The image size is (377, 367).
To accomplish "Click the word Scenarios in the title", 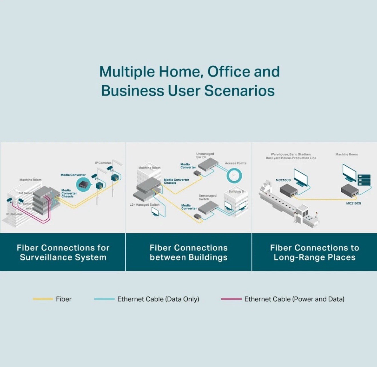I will pyautogui.click(x=239, y=91).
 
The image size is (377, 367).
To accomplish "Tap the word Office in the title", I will pyautogui.click(x=228, y=71).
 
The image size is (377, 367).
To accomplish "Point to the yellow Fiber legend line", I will pyautogui.click(x=43, y=299).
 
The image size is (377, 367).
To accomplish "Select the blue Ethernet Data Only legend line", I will pyautogui.click(x=104, y=299).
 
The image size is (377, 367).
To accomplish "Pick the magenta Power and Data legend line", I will pyautogui.click(x=231, y=299).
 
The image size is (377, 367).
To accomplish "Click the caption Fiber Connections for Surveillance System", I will pyautogui.click(x=63, y=252).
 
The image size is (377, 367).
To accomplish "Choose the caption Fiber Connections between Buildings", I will pyautogui.click(x=188, y=252).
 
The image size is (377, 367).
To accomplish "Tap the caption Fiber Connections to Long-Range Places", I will pyautogui.click(x=314, y=252).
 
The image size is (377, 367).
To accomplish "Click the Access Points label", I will pyautogui.click(x=235, y=163).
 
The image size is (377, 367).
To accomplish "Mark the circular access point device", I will pyautogui.click(x=234, y=175).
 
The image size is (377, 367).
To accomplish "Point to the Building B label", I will pyautogui.click(x=236, y=191).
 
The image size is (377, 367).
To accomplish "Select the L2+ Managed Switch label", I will pyautogui.click(x=145, y=204).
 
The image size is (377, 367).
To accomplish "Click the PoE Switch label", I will pyautogui.click(x=25, y=193).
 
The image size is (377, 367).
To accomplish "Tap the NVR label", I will pyautogui.click(x=29, y=208).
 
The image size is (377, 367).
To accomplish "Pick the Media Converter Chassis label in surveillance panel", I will pyautogui.click(x=69, y=193).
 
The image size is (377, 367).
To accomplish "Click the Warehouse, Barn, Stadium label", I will pyautogui.click(x=291, y=156).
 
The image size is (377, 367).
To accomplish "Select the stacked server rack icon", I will pyautogui.click(x=364, y=180).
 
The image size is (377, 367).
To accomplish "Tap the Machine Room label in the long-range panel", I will pyautogui.click(x=346, y=154).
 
